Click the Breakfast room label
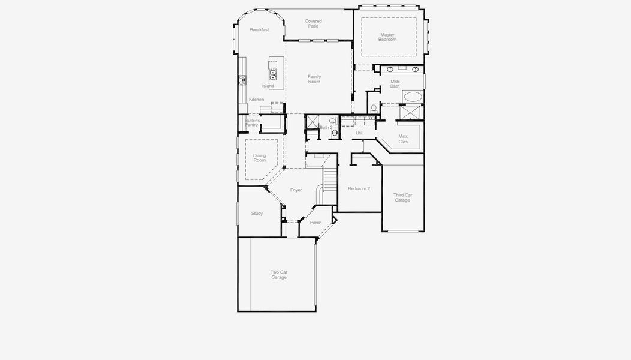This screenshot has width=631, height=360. tap(259, 29)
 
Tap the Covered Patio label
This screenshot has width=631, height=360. tap(313, 23)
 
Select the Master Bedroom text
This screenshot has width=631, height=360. tap(387, 37)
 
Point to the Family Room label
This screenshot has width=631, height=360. tap(314, 79)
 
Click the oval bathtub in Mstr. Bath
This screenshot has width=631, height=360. tap(412, 96)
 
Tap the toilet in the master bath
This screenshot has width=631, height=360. tap(374, 109)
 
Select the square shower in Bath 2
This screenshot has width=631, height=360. tap(312, 121)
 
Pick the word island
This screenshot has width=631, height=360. tap(268, 86)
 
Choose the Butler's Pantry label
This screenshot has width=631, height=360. tap(251, 122)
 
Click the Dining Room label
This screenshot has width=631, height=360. tap(259, 158)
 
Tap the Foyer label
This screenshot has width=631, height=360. tap(296, 190)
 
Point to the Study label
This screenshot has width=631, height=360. tap(257, 213)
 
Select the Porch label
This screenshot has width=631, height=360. tap(315, 223)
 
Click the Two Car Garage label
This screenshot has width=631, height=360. tap(278, 275)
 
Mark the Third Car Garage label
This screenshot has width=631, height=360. tap(402, 197)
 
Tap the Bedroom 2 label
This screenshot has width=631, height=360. tap(359, 188)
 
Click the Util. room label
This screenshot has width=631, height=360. tap(360, 133)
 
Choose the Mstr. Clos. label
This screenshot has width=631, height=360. tap(403, 139)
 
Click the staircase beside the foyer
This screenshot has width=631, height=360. tap(330, 178)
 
